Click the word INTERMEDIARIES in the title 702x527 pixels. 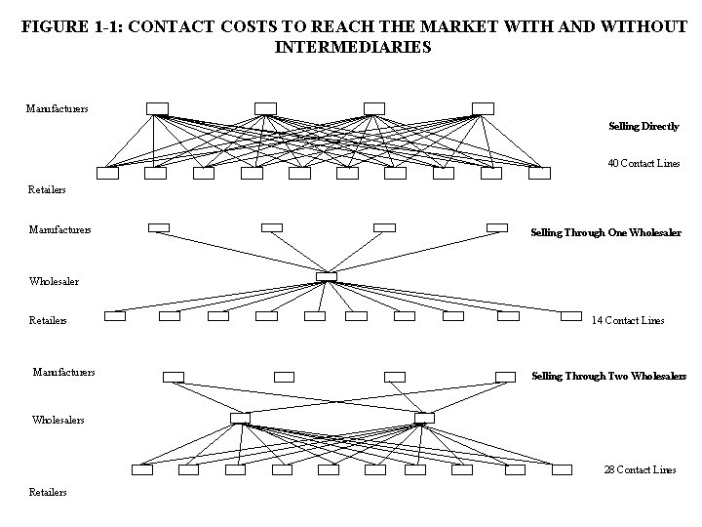click(353, 46)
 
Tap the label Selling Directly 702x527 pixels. click(643, 126)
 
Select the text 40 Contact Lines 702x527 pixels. click(643, 163)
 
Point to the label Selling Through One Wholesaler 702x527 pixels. click(605, 233)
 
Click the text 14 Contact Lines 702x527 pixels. click(628, 320)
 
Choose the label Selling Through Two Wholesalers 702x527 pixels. click(608, 376)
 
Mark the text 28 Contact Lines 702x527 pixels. click(640, 469)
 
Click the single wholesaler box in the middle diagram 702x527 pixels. click(327, 277)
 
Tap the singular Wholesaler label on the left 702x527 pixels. click(55, 281)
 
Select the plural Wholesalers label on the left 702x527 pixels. click(58, 420)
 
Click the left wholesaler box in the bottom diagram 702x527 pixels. click(240, 418)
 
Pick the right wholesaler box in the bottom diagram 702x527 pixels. click(423, 418)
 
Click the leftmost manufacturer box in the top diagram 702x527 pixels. click(157, 107)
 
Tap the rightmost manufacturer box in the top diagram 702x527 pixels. click(483, 107)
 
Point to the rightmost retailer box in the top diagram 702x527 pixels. click(539, 174)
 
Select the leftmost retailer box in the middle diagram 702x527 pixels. click(115, 315)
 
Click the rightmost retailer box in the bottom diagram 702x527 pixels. click(561, 469)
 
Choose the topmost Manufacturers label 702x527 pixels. click(57, 107)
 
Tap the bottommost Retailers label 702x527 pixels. click(49, 493)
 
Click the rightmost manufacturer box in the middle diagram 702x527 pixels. click(497, 227)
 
